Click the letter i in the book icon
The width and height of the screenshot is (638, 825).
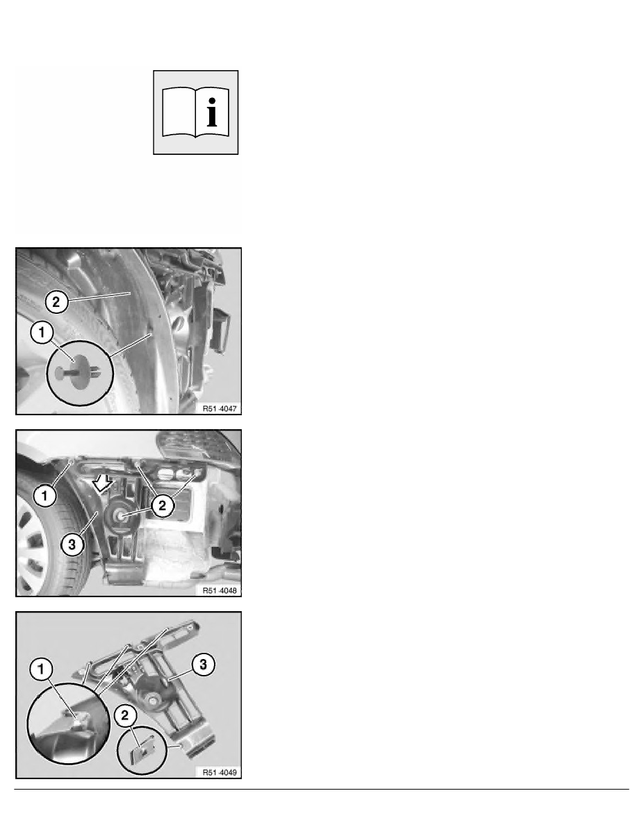point(212,112)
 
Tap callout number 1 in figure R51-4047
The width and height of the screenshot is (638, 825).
point(42,333)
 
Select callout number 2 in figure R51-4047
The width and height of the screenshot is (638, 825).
point(56,302)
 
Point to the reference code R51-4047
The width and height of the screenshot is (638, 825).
point(220,408)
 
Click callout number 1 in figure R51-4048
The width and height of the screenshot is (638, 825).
point(44,496)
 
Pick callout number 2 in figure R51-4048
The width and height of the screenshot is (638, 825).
point(162,505)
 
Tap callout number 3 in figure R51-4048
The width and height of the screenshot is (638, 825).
point(72,545)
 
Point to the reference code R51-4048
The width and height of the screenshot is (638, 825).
point(220,590)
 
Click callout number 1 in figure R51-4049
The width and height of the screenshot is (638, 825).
point(41,669)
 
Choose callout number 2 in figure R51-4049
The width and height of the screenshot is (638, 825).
point(125,715)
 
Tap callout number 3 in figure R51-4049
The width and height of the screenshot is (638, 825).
point(203,665)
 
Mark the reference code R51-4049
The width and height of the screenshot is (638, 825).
point(220,772)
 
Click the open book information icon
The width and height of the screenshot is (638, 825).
point(196,112)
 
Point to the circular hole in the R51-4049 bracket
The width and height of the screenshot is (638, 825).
point(152,699)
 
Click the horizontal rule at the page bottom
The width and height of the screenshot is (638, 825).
point(322,789)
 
